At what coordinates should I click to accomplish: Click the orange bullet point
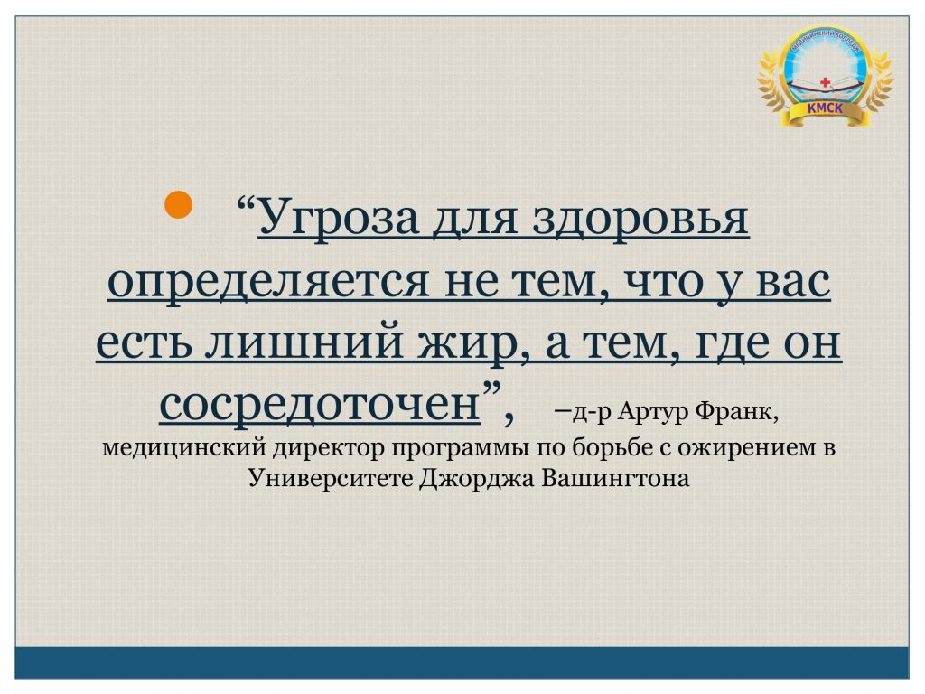178,204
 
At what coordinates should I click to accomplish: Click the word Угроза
338,219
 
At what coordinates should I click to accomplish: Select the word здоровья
640,220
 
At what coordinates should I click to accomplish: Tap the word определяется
268,282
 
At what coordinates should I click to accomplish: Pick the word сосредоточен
320,405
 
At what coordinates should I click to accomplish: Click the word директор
328,448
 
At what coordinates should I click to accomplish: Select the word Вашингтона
615,478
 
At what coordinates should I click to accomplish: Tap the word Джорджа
476,478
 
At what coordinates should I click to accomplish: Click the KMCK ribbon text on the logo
825,108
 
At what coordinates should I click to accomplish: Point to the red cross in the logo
825,82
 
